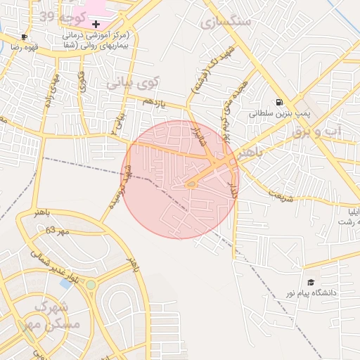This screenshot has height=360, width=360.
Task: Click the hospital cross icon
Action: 96,24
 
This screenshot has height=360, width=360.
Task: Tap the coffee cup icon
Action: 25,37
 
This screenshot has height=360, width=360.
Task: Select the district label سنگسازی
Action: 225,21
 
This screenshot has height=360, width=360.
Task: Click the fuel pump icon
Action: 280,101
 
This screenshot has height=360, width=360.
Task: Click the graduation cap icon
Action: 311,282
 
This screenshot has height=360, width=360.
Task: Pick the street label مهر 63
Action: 58,231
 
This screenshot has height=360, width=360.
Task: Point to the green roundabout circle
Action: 91,285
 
